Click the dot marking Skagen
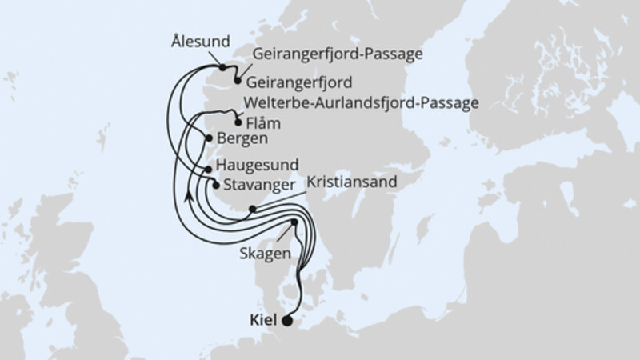pos(294,222)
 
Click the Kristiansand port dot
pos(252,210)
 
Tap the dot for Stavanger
pos(215,185)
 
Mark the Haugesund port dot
pos(209,169)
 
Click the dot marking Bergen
pos(210,138)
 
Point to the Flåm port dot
pos(238,122)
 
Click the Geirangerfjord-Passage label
pos(337,54)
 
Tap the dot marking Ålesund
pos(222,68)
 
